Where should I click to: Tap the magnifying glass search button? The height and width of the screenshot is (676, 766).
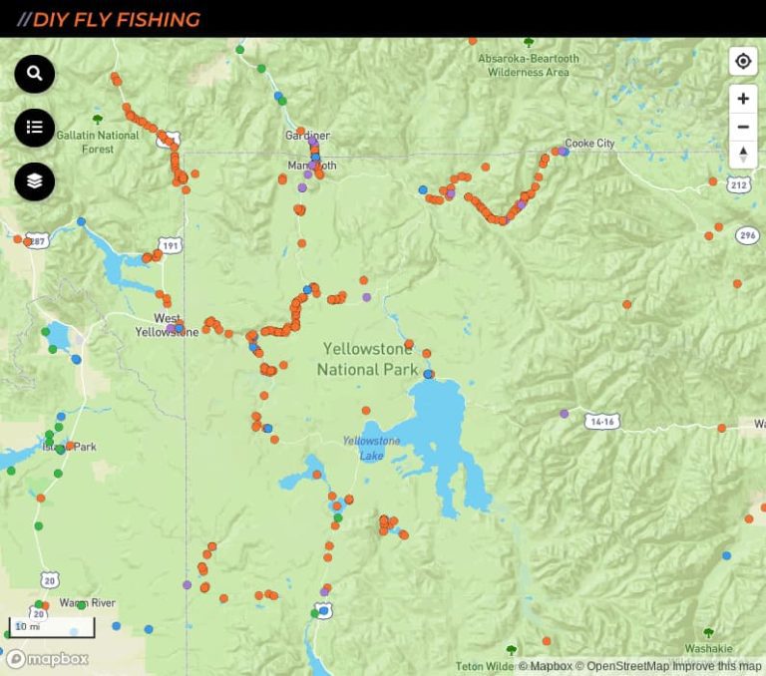click(x=35, y=74)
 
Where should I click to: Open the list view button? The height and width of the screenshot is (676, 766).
click(x=35, y=127)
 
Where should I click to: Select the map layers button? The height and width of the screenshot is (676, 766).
click(x=35, y=180)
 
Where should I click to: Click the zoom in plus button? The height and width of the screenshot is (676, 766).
click(x=743, y=99)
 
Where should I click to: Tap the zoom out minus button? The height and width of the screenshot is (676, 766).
click(x=743, y=127)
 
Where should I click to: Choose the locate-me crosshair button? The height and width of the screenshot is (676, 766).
click(x=743, y=62)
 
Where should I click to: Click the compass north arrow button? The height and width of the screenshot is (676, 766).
click(x=743, y=154)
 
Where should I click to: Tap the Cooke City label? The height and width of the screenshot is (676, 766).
click(x=589, y=144)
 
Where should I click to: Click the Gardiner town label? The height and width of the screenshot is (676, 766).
click(x=307, y=136)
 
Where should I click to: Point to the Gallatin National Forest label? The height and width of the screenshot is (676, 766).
click(x=98, y=142)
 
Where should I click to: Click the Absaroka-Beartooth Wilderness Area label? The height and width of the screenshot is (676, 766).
click(x=528, y=65)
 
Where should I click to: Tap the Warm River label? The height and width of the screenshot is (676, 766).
click(x=87, y=603)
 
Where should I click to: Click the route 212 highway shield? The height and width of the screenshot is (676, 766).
click(x=738, y=184)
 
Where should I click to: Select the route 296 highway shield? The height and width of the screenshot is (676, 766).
click(x=747, y=235)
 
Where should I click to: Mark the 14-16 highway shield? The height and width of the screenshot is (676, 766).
click(x=602, y=422)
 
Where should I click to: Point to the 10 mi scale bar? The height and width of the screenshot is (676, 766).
click(x=52, y=627)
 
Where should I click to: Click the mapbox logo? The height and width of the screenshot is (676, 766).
click(x=47, y=659)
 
